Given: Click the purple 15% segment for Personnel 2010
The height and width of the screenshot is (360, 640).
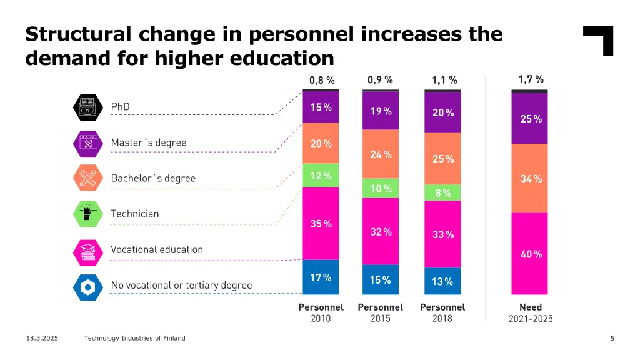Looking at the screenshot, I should [321, 107].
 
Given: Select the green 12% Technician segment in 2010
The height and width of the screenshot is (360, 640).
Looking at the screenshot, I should [321, 176].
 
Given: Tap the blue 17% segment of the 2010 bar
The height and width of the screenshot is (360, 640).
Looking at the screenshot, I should [321, 277].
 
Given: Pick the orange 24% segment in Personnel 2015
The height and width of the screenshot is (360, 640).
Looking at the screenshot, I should [381, 154].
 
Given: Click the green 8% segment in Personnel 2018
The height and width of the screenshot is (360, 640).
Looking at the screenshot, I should [442, 192].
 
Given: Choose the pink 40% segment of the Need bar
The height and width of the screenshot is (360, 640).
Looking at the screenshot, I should [530, 254].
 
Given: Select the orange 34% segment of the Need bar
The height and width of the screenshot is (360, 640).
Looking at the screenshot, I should [530, 179].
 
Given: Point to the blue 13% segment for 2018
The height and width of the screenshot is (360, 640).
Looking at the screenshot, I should [442, 281].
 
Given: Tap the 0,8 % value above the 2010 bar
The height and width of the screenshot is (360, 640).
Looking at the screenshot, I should [322, 80].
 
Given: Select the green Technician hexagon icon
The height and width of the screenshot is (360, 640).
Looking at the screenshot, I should [87, 214].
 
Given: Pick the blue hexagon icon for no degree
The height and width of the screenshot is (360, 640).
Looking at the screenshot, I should [87, 287].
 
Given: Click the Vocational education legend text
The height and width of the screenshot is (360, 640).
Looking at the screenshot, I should [157, 249].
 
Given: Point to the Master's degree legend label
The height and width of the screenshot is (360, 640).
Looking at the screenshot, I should [149, 142].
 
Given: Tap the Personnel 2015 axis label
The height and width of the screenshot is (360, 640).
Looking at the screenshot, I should [380, 312].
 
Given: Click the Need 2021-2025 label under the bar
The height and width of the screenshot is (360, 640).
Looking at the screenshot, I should [531, 312].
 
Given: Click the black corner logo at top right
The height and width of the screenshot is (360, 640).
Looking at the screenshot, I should [599, 40].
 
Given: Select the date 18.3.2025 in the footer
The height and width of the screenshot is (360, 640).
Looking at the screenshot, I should [42, 338].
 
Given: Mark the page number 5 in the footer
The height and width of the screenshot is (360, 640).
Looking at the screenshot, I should [612, 338].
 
